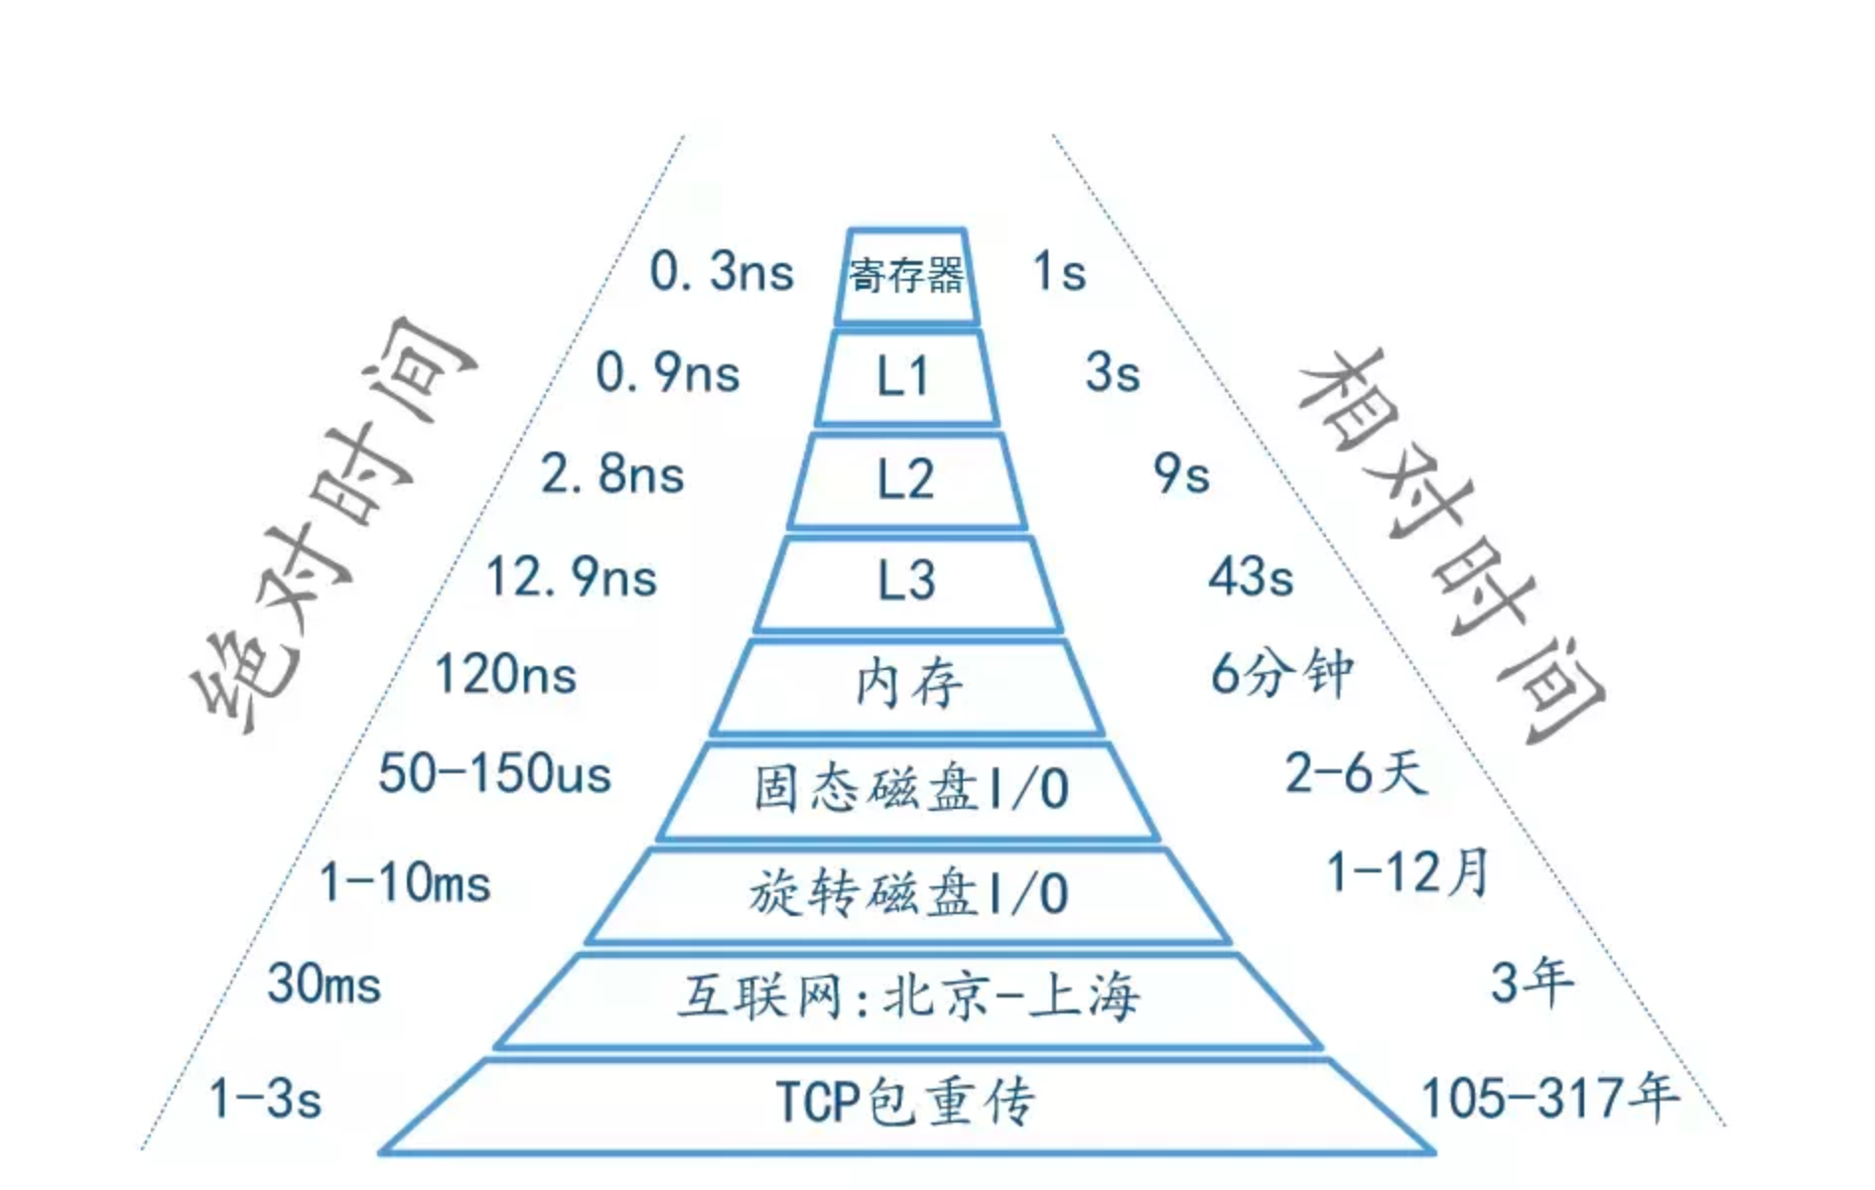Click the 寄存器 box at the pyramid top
906,276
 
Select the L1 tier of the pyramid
905,378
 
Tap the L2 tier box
906,479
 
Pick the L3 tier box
907,582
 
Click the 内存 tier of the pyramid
907,685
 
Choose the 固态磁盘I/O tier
909,790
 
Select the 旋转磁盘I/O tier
909,893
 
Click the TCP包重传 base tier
905,1103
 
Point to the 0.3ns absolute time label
722,272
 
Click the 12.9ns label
572,577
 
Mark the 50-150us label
494,773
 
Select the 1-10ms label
405,882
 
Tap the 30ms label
325,985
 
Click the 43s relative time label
1251,577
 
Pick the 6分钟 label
1281,674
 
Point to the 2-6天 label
1356,773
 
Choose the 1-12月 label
1407,872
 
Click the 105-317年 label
1549,1099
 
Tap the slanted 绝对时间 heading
333,526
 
